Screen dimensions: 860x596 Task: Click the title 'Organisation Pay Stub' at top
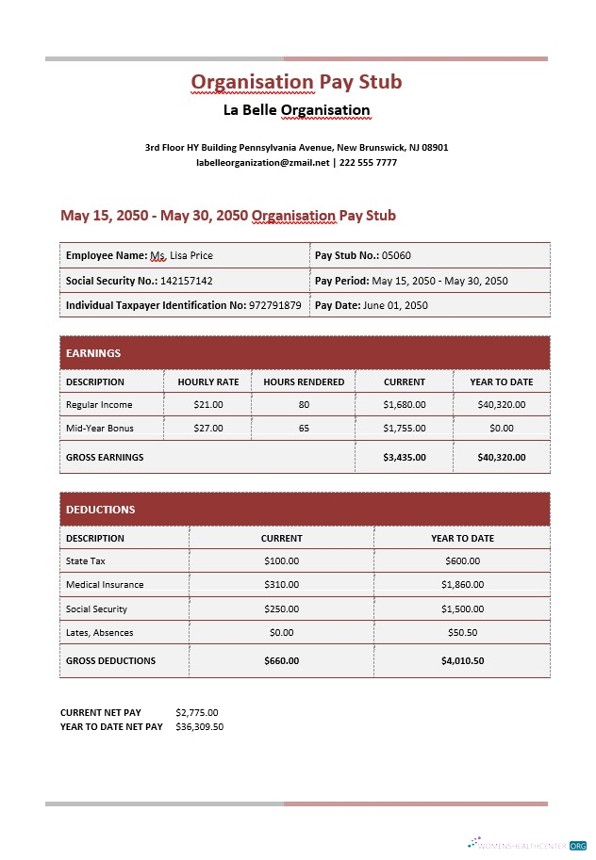[x=296, y=82]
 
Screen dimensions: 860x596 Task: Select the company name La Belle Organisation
[x=296, y=110]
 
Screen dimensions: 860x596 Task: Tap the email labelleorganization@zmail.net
[x=262, y=163]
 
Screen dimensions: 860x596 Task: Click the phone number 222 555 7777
[x=368, y=163]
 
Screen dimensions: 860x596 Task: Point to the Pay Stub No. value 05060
[x=396, y=255]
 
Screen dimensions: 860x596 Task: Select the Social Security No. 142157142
[x=186, y=281]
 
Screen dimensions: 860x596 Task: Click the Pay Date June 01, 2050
[x=396, y=305]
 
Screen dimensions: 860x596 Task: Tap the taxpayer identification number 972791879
[x=274, y=305]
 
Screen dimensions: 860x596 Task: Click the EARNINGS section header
[x=93, y=353]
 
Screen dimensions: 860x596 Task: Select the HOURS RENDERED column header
[x=304, y=381]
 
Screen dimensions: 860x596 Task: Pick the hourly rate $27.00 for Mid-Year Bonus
[x=207, y=428]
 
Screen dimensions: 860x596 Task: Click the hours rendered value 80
[x=304, y=404]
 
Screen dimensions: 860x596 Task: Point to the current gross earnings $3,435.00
[x=405, y=457]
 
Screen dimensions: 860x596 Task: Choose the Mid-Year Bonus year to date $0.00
[x=502, y=428]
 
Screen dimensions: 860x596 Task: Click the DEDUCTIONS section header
[x=100, y=510]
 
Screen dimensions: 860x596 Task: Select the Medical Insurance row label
[x=105, y=585]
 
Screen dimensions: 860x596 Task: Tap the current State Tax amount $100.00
[x=281, y=560]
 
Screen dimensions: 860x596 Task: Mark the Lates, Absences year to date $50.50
[x=462, y=633]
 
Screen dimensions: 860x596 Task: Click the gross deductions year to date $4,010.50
[x=462, y=660]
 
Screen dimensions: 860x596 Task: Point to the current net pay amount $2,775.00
[x=196, y=712]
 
